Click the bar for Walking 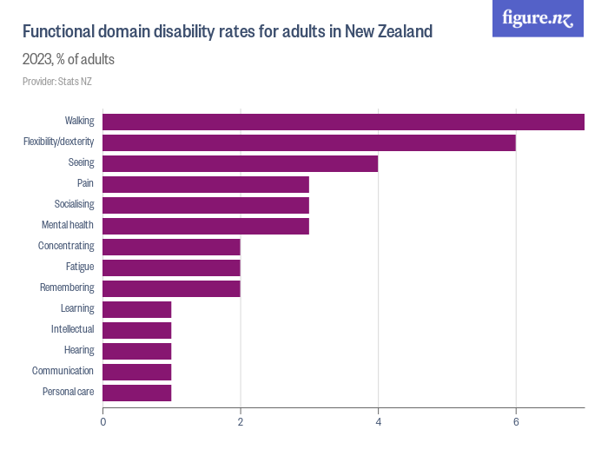(x=343, y=122)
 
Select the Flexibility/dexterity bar (x=309, y=142)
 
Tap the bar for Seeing (x=241, y=163)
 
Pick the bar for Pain (x=206, y=184)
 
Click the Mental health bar (x=206, y=226)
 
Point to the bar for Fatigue (x=172, y=268)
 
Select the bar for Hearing (x=137, y=351)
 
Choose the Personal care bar (x=137, y=393)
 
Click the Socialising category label (x=74, y=205)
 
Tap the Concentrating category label (x=66, y=247)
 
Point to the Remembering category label (x=67, y=287)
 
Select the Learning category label (x=77, y=308)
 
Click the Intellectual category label (x=72, y=329)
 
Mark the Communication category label (x=63, y=371)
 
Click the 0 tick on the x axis (x=103, y=422)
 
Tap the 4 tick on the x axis (x=379, y=422)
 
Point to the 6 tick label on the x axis (x=516, y=422)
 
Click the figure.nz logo (x=538, y=18)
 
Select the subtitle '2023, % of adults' (x=69, y=60)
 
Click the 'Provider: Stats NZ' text (x=57, y=82)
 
